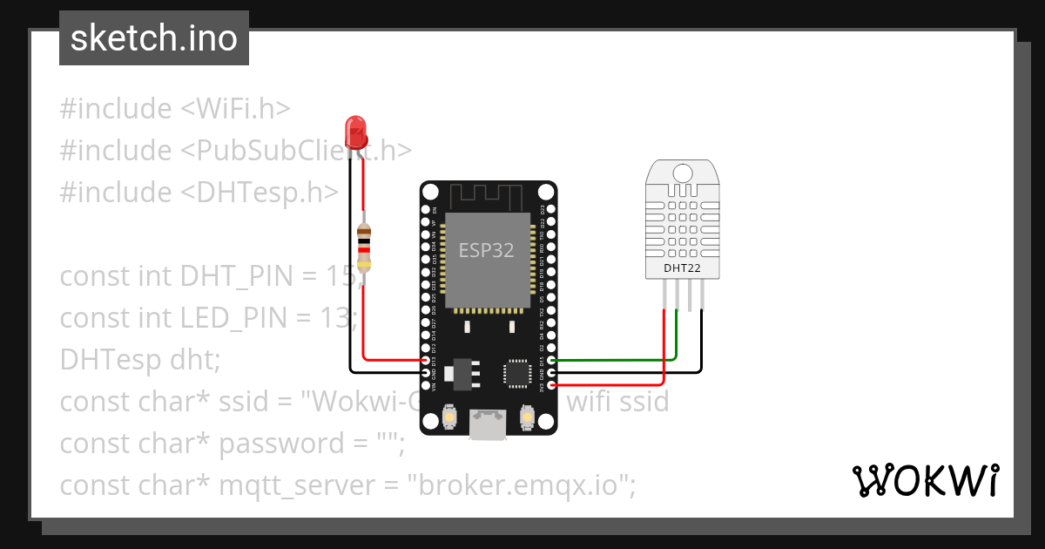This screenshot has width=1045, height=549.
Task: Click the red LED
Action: tap(355, 132)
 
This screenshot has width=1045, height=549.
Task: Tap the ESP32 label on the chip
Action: tap(486, 251)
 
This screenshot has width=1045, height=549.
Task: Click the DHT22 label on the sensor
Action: tap(682, 268)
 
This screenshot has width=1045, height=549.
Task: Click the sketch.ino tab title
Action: tap(153, 38)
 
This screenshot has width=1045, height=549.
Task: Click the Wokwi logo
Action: tap(925, 481)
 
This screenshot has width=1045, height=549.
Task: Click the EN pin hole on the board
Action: tap(426, 210)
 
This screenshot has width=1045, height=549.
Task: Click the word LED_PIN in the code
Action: tap(239, 318)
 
